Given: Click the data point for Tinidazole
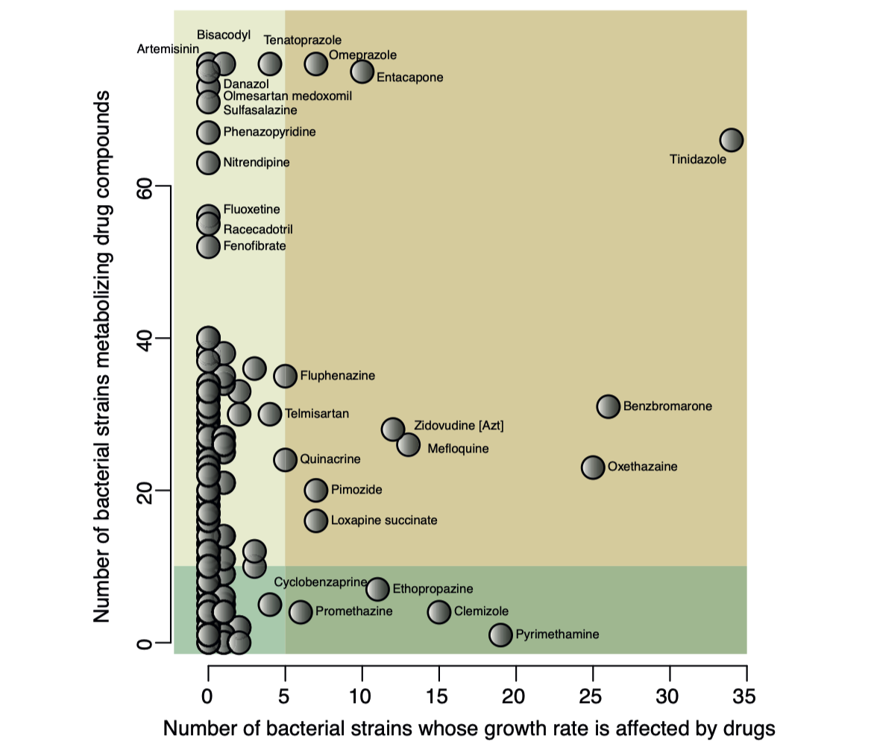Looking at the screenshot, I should tap(732, 139).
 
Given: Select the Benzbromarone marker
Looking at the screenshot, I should tap(609, 406).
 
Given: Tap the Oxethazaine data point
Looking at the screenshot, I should tap(593, 467).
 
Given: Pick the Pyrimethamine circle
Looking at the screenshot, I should tap(501, 634).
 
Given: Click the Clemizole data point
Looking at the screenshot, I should tap(439, 611).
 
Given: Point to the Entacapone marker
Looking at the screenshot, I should tap(362, 71).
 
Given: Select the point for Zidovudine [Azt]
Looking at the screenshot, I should tap(393, 429).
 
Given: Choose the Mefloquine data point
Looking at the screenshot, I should tap(409, 444).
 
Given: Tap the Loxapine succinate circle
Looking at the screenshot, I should tap(316, 520).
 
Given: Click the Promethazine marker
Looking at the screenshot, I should tap(301, 611).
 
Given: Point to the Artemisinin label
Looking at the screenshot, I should tap(168, 49).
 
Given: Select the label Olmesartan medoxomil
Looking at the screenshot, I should tap(287, 96).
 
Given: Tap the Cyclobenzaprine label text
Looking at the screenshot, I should tap(321, 582).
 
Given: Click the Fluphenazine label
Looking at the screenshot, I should tap(337, 376).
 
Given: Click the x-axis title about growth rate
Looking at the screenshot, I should tap(469, 729).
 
